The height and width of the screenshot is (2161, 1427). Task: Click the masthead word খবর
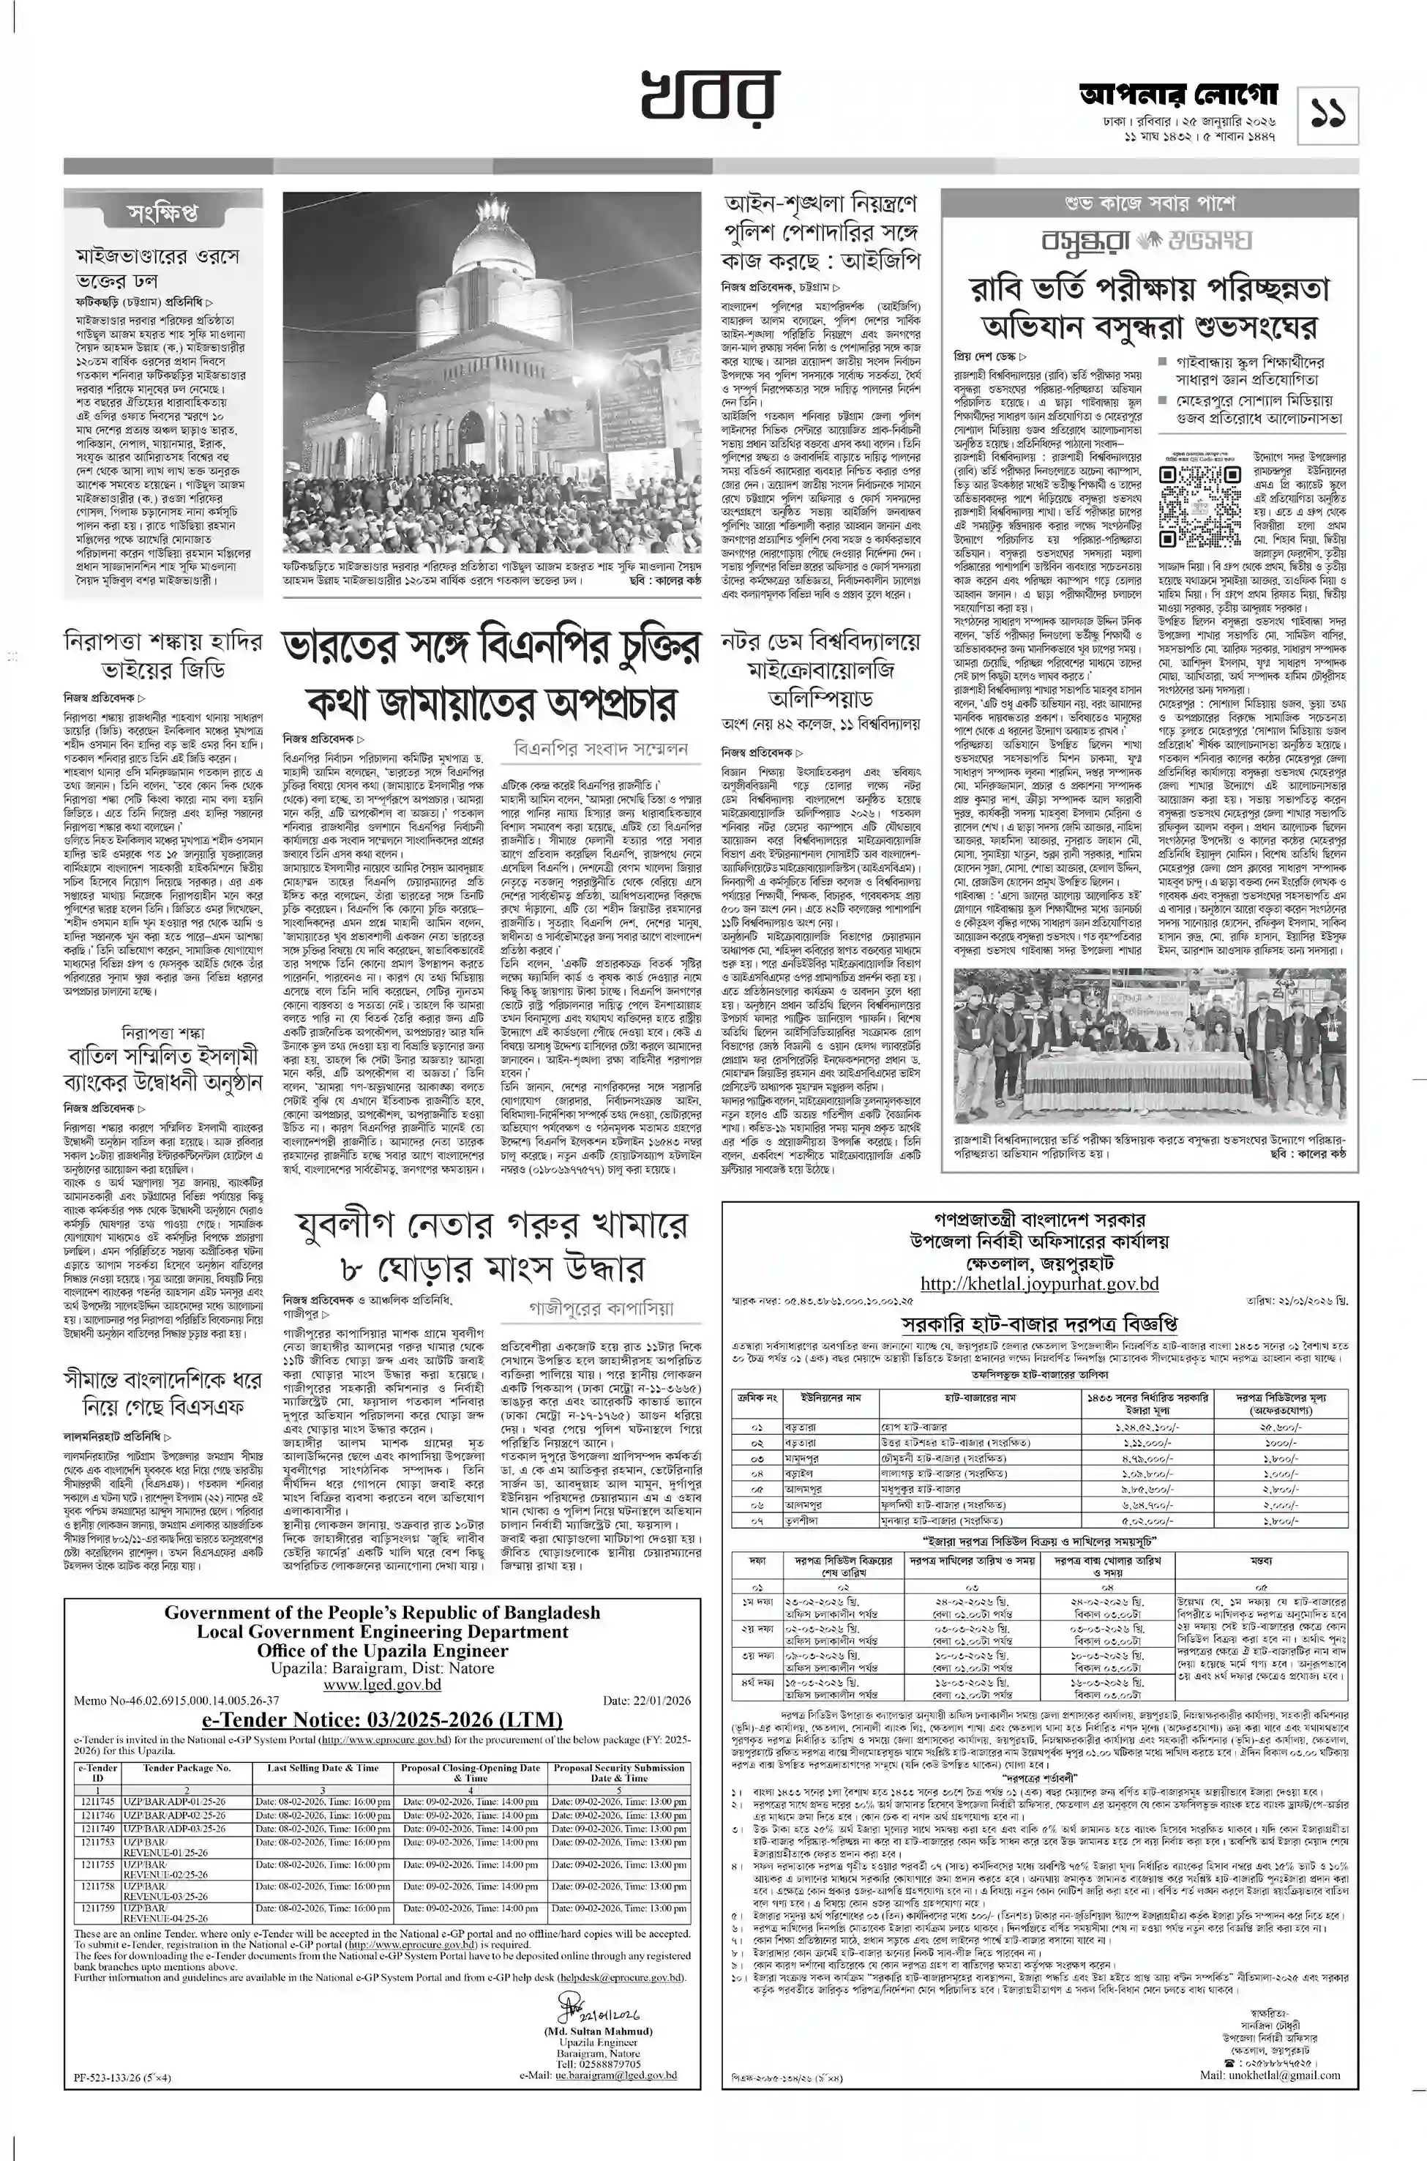[712, 94]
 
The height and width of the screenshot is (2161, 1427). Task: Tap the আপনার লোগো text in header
[1180, 96]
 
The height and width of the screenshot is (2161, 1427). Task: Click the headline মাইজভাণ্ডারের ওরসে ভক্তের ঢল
[157, 268]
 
